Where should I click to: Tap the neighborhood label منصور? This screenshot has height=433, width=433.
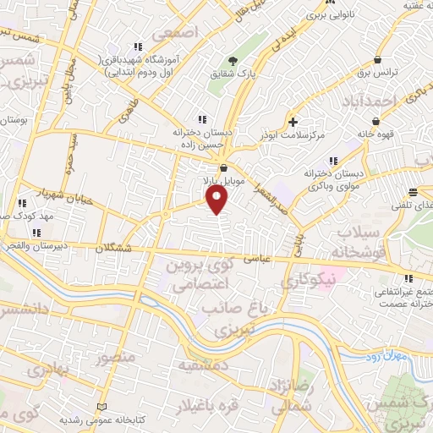(x=115, y=359)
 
